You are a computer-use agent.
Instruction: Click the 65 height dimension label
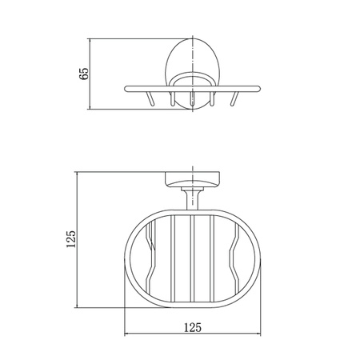pos(84,74)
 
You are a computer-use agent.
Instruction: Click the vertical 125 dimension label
pos(71,239)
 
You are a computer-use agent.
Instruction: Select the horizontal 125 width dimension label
pos(193,327)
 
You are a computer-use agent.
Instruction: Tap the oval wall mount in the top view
pos(193,74)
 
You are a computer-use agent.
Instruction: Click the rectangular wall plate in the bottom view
pos(193,179)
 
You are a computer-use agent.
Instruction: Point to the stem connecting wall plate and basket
pos(193,198)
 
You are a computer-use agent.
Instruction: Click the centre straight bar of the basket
pos(193,258)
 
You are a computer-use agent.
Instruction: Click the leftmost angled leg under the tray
pos(150,98)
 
